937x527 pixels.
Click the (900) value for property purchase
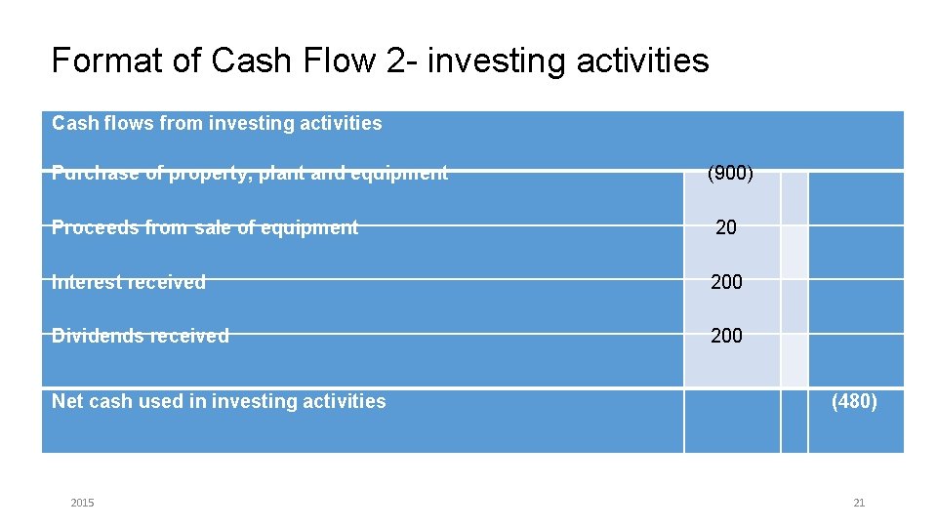click(730, 174)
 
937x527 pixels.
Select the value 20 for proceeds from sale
click(726, 227)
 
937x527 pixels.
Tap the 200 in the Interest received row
click(726, 282)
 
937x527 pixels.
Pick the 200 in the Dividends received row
click(726, 336)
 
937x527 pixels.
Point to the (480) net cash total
click(854, 401)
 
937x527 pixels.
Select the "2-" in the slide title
click(402, 61)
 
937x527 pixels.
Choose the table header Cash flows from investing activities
click(217, 124)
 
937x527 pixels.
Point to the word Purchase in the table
click(91, 174)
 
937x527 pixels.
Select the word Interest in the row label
click(83, 282)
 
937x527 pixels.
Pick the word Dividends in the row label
click(94, 336)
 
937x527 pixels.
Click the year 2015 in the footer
click(83, 503)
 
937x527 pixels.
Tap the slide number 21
click(859, 503)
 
